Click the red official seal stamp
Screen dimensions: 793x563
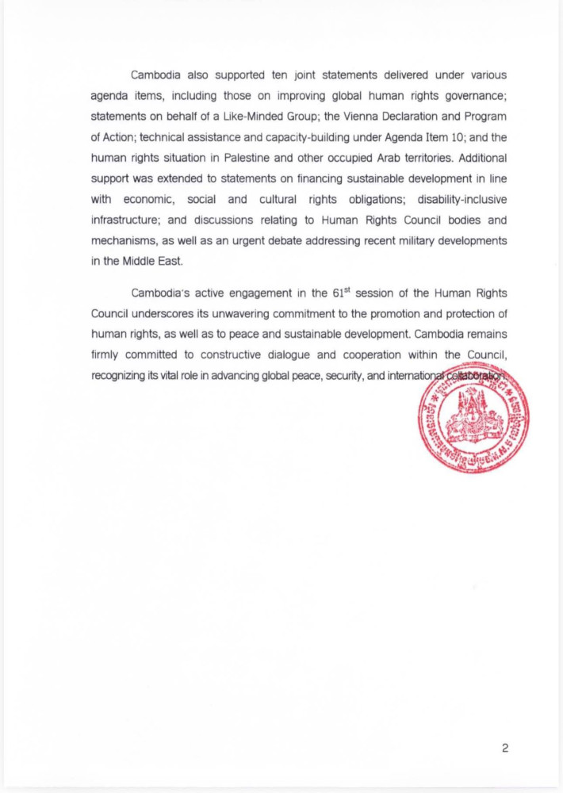473,419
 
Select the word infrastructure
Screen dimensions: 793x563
128,220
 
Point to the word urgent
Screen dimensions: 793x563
295,240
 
